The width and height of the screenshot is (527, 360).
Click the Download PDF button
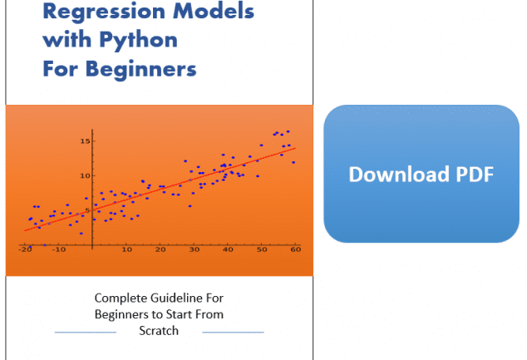421,174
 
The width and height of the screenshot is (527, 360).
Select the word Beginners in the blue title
140,70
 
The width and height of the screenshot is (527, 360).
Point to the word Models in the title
214,11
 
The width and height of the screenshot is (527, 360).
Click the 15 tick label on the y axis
85,141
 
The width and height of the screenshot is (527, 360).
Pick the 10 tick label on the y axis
85,175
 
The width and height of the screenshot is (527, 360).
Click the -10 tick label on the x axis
59,249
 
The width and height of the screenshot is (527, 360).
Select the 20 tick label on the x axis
160,249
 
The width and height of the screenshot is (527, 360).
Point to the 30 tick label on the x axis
195,249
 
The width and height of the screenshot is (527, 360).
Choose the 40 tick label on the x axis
228,249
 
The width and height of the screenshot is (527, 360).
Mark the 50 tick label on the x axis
262,249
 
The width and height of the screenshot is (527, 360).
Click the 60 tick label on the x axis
296,249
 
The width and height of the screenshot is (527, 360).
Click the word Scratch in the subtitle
159,331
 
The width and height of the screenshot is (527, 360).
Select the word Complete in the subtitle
121,298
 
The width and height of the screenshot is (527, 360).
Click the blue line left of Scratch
86,333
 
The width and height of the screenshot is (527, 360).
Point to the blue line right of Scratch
234,333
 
